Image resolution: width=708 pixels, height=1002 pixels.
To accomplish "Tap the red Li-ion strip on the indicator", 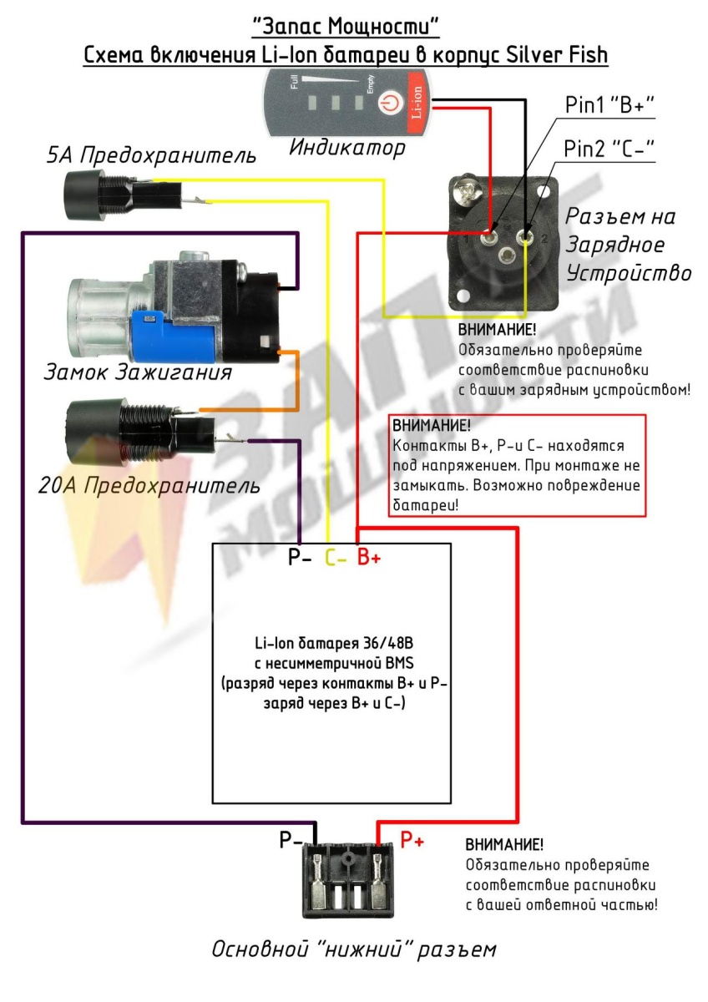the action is (417, 103).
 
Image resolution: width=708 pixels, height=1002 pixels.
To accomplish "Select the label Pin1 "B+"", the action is (609, 105).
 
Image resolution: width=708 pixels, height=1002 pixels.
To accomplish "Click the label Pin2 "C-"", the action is (609, 149).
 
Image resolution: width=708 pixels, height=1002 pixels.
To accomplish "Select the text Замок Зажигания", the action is (138, 372).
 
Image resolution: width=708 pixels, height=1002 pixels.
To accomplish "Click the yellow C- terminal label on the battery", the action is (336, 558).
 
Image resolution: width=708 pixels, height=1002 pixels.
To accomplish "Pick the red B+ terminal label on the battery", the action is (368, 558).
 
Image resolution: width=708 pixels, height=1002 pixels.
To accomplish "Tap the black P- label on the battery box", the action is (300, 558).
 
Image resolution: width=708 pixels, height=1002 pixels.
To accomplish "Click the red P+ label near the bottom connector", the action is (412, 840).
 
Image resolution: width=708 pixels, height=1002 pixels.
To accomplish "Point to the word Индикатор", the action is (347, 148).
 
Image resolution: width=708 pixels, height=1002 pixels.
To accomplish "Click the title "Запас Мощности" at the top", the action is (346, 27).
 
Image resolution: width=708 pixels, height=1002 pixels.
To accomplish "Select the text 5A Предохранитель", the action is (151, 155).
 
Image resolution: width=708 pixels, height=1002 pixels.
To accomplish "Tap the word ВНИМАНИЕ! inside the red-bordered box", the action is (431, 425).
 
